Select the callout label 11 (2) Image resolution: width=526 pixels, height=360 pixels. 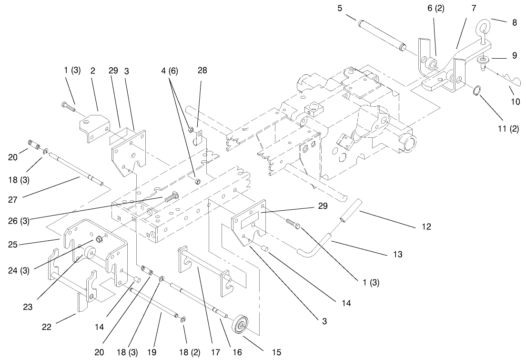508,128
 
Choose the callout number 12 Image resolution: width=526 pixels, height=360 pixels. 426,227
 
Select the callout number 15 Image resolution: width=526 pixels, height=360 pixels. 276,352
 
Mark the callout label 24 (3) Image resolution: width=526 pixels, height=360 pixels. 19,270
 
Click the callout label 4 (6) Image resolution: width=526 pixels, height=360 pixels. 169,71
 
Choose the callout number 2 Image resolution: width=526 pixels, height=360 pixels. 93,71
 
